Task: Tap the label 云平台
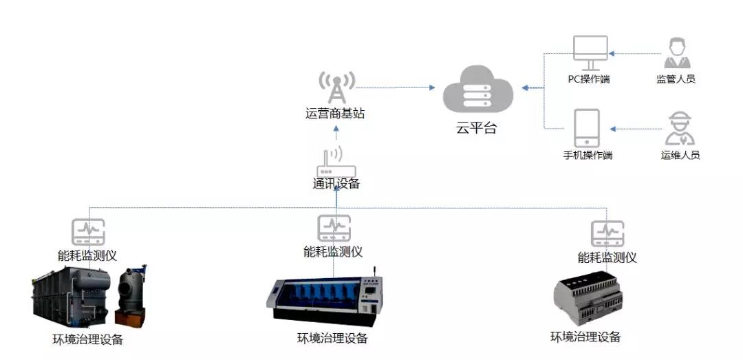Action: pyautogui.click(x=475, y=127)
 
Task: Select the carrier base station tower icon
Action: pyautogui.click(x=336, y=87)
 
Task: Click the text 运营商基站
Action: pyautogui.click(x=335, y=114)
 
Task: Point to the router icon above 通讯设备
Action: pyautogui.click(x=334, y=162)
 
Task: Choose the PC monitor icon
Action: pyautogui.click(x=590, y=52)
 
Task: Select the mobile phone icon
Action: pyautogui.click(x=587, y=128)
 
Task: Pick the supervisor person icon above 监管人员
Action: pyautogui.click(x=676, y=53)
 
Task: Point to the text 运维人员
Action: pyautogui.click(x=680, y=156)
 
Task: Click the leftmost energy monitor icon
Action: pyautogui.click(x=88, y=233)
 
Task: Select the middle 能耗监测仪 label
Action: pyautogui.click(x=333, y=252)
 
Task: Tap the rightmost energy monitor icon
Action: pyautogui.click(x=607, y=234)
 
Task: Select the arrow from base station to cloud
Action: pyautogui.click(x=396, y=87)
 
